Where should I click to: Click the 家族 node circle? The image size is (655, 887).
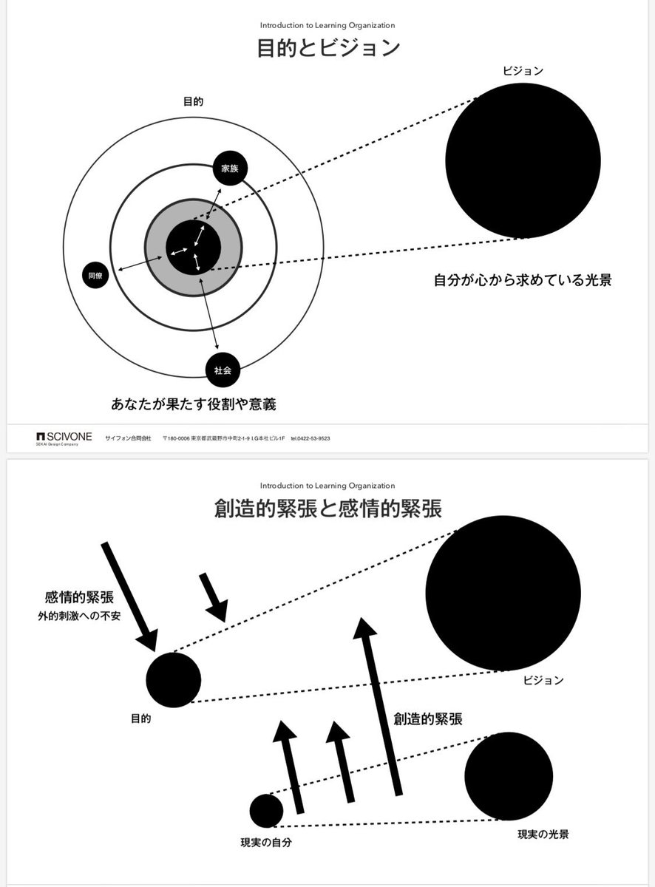point(230,168)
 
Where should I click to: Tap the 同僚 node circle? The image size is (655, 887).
point(95,276)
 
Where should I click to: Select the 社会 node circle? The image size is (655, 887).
point(223,370)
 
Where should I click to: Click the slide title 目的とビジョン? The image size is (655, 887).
point(328,49)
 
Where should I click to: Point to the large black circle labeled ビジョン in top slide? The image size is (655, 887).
point(523,160)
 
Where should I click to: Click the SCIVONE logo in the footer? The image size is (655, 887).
point(64,438)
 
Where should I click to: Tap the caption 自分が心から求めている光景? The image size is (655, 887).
point(523,281)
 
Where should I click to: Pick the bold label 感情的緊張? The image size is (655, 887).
point(79,597)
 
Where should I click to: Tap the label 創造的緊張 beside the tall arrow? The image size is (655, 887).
point(428,718)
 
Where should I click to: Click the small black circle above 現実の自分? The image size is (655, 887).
point(266,811)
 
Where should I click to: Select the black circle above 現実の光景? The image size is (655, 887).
point(509,775)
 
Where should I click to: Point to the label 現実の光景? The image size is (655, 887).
point(543,834)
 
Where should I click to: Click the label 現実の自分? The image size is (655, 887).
point(266,842)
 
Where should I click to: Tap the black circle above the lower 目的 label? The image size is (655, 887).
point(174,680)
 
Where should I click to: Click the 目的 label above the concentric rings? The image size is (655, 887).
point(193,102)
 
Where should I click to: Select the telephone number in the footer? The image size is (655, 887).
point(310,438)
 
